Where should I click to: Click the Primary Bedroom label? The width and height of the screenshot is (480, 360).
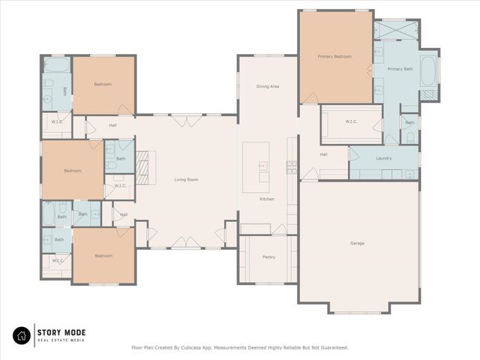tap(334, 56)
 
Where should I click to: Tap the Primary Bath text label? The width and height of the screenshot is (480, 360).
tap(400, 69)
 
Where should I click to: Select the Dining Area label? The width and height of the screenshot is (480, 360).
tap(268, 86)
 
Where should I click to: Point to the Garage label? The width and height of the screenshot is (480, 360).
tap(357, 243)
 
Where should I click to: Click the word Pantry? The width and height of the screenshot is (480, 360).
tap(268, 257)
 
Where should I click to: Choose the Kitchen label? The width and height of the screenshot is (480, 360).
tap(267, 199)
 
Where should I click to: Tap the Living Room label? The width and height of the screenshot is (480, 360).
tap(186, 179)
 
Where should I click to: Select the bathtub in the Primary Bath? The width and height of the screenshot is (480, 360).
tap(430, 71)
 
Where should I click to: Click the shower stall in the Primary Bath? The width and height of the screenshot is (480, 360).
tap(395, 29)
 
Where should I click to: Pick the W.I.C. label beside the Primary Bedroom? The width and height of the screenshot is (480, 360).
tap(351, 121)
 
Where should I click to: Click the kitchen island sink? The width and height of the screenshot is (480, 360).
tap(263, 166)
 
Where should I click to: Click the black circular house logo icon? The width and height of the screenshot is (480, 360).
tap(22, 334)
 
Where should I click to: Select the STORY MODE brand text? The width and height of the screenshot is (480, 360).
tap(62, 331)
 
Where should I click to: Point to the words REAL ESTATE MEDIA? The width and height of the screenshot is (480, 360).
tap(61, 340)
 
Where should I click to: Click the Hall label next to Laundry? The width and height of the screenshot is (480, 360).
tap(323, 154)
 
